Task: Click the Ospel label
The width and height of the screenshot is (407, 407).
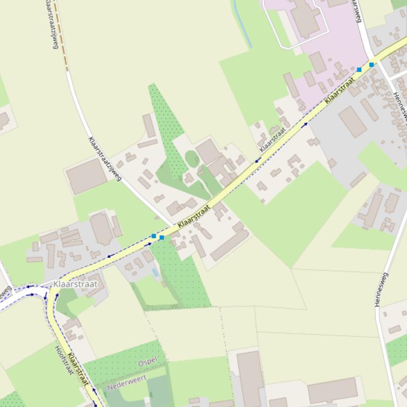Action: pos(148,363)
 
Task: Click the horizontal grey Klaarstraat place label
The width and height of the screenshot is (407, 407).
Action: pos(76,284)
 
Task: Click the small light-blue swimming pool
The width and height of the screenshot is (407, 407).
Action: pos(155,273)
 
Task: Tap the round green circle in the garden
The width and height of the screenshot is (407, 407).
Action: pos(192,158)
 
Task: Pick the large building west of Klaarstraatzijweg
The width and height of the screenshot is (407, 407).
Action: pos(86,176)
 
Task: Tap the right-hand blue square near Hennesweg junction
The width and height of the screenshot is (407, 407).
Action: pos(372,65)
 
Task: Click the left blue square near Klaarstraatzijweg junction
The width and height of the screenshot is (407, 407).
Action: pos(153,236)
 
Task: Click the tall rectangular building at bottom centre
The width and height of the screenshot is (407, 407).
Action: pos(250,378)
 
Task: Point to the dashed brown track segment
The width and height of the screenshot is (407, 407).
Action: pos(61,37)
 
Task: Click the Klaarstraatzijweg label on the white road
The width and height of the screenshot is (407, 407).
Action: pos(105,159)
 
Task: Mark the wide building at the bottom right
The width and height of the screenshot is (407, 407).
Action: pos(332,391)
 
